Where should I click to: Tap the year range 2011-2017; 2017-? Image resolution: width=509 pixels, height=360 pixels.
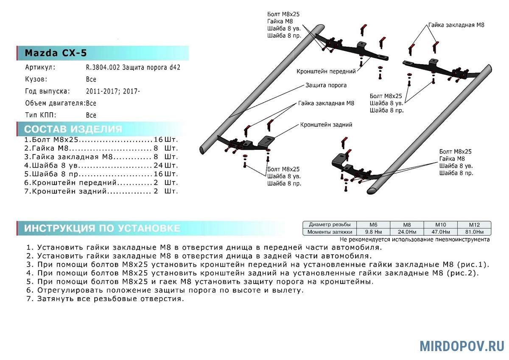112,91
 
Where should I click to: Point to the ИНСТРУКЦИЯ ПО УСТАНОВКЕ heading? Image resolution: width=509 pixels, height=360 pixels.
102,228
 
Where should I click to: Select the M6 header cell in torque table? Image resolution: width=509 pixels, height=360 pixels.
373,225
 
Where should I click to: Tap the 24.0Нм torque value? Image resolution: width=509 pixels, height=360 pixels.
406,232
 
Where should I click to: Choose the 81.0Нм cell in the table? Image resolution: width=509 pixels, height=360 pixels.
474,232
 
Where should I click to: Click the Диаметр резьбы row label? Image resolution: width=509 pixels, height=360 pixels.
329,225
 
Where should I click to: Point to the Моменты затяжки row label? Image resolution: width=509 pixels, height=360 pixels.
329,232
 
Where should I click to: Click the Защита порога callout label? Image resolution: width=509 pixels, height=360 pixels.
326,85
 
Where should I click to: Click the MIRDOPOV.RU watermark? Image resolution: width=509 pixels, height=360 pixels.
462,346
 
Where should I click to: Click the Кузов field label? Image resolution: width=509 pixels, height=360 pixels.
36,79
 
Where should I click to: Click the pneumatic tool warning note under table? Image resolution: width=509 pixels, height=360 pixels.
414,239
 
